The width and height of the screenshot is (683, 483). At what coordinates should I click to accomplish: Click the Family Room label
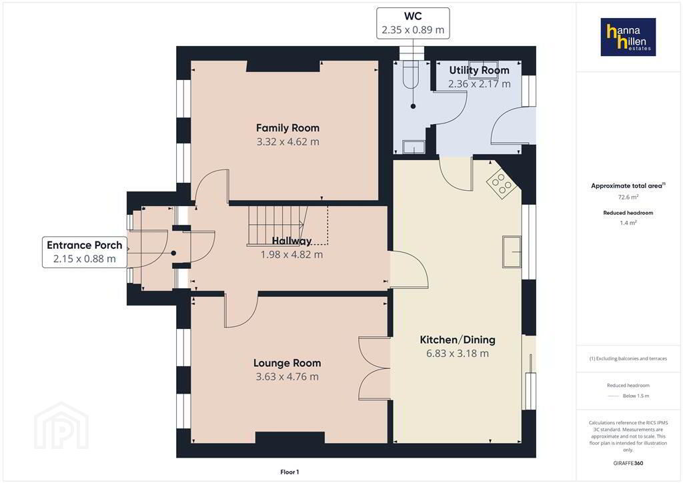pos(287,128)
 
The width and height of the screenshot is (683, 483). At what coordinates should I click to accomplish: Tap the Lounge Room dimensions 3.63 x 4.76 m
pos(287,377)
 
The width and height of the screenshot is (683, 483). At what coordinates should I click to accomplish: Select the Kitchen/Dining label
pos(458,340)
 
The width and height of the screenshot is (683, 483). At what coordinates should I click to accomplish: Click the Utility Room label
pos(479,70)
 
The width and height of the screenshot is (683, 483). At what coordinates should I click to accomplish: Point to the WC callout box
pos(413,23)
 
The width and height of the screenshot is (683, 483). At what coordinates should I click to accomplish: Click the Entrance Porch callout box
pos(85,252)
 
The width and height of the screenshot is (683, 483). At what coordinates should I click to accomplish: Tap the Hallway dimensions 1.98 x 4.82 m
pos(291,255)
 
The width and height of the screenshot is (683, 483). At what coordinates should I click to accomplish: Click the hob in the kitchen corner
pos(502,183)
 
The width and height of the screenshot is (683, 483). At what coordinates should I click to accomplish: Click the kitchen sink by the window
pos(512,252)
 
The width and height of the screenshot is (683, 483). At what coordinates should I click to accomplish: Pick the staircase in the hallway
pos(287,225)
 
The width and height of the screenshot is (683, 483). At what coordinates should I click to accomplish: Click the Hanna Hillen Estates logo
pos(628,37)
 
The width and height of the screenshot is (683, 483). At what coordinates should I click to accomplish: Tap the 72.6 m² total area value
pos(628,197)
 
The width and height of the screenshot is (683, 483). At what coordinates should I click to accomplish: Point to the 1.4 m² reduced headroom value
pos(628,223)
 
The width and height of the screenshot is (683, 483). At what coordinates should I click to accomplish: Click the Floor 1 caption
pos(289,472)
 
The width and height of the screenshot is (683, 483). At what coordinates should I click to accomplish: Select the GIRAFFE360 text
pos(628,463)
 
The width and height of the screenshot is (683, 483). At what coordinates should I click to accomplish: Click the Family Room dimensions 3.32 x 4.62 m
pos(287,142)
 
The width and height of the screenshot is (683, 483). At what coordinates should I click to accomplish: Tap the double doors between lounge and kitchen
pos(374,368)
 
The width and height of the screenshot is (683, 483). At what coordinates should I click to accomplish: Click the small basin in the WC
pos(414,147)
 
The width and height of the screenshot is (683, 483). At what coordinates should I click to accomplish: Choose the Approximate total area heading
pos(628,185)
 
